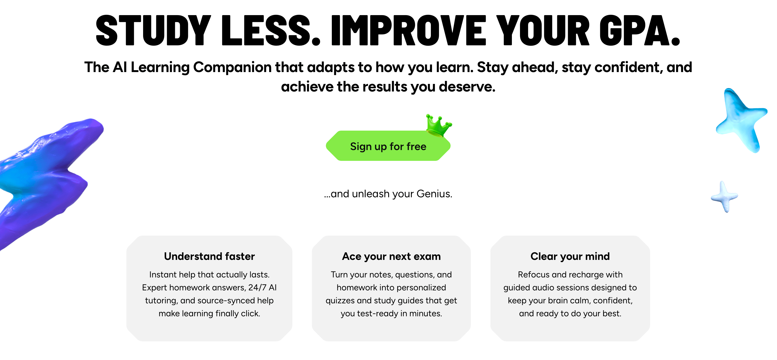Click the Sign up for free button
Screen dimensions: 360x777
(388, 146)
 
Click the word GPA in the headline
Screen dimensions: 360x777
(640, 31)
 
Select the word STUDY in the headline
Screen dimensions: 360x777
(153, 31)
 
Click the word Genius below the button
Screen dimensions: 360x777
(434, 194)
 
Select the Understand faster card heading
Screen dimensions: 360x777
(209, 256)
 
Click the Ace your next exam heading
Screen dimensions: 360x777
(391, 256)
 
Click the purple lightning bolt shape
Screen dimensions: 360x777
(45, 178)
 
